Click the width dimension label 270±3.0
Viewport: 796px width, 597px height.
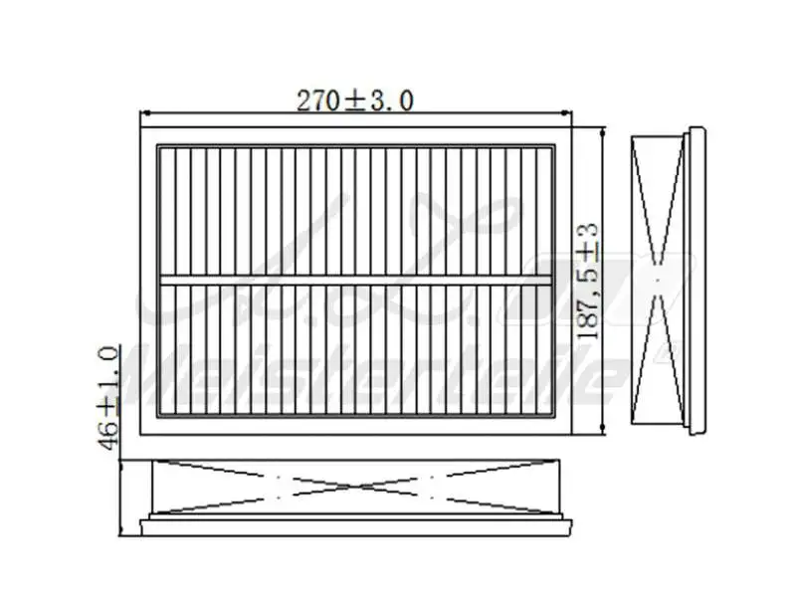click(x=355, y=99)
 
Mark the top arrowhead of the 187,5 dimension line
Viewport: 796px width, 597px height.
click(x=604, y=130)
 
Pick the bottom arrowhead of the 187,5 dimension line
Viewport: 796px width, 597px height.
click(x=604, y=434)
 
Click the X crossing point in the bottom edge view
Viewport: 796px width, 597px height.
click(x=356, y=488)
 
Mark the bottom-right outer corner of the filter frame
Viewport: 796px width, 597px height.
click(x=573, y=436)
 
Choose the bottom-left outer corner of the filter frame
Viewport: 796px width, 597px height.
click(x=141, y=436)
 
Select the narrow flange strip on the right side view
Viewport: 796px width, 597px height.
click(x=696, y=282)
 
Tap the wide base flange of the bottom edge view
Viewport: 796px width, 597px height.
click(x=356, y=523)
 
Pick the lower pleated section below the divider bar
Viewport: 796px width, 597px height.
click(x=356, y=348)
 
